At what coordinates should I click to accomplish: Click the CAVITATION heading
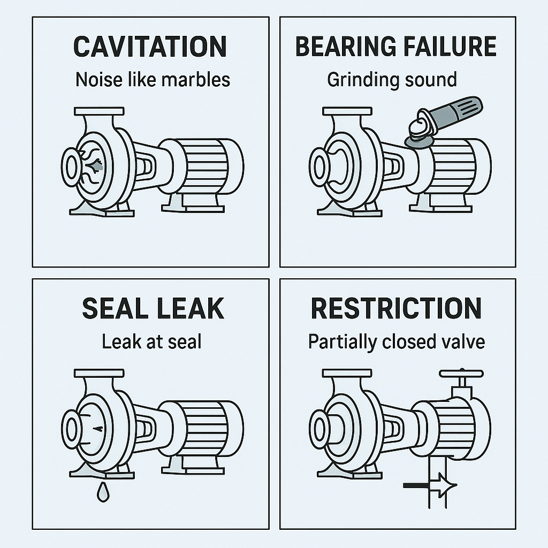tap(150, 47)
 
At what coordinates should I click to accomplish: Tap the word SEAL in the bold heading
tap(113, 308)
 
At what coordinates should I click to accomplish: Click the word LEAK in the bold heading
tap(191, 308)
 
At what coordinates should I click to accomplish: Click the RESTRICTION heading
tap(397, 308)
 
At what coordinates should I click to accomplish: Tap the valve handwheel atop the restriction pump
tap(461, 373)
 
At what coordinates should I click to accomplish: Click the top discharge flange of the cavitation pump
tap(99, 111)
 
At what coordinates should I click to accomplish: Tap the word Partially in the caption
tap(343, 342)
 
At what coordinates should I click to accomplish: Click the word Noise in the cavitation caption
tap(99, 80)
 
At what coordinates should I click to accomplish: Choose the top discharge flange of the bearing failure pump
tap(347, 111)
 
